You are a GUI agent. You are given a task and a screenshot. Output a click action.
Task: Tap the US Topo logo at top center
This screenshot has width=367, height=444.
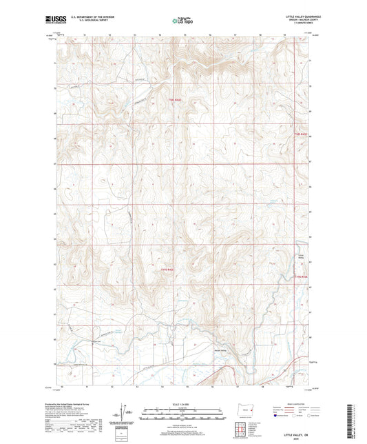coord(181,21)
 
